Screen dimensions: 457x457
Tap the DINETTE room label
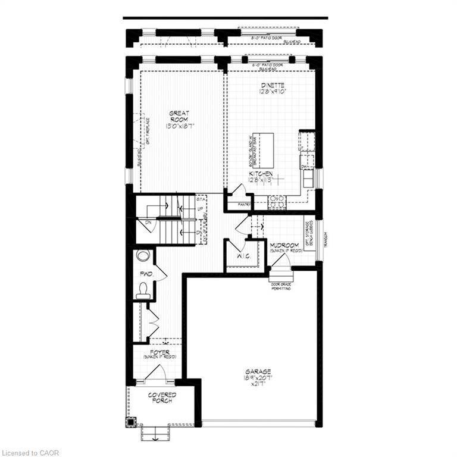[273, 84]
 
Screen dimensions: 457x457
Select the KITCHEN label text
[261, 173]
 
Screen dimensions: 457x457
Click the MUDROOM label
[284, 245]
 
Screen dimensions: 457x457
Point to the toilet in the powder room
[143, 290]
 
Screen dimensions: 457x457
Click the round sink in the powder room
[142, 255]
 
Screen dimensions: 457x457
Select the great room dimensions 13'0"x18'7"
[179, 126]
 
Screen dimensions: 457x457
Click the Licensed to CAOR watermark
[30, 453]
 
